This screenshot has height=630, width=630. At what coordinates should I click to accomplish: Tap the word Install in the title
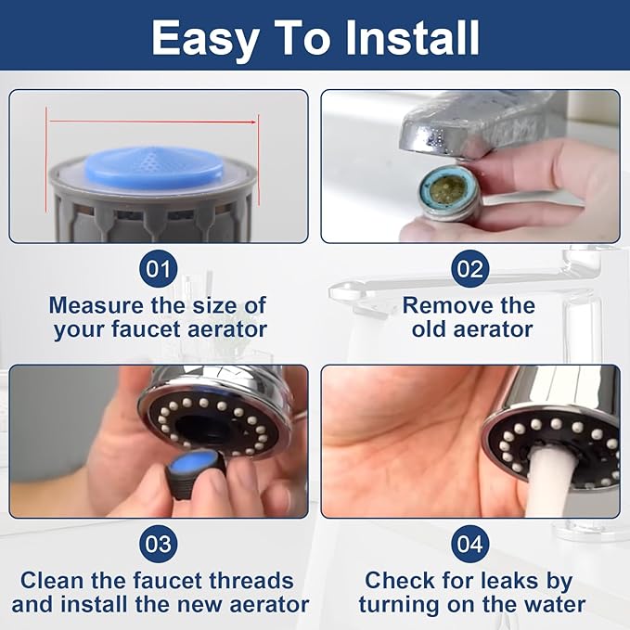coord(406,39)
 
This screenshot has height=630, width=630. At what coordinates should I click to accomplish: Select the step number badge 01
coord(159,270)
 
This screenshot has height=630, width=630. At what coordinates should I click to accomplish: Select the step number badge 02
coord(469,270)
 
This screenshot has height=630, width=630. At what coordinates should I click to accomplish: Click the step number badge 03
coord(159,544)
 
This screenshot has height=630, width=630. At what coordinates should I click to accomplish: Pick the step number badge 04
coord(469,544)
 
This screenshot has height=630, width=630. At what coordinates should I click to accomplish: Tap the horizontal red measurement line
coord(153,121)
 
